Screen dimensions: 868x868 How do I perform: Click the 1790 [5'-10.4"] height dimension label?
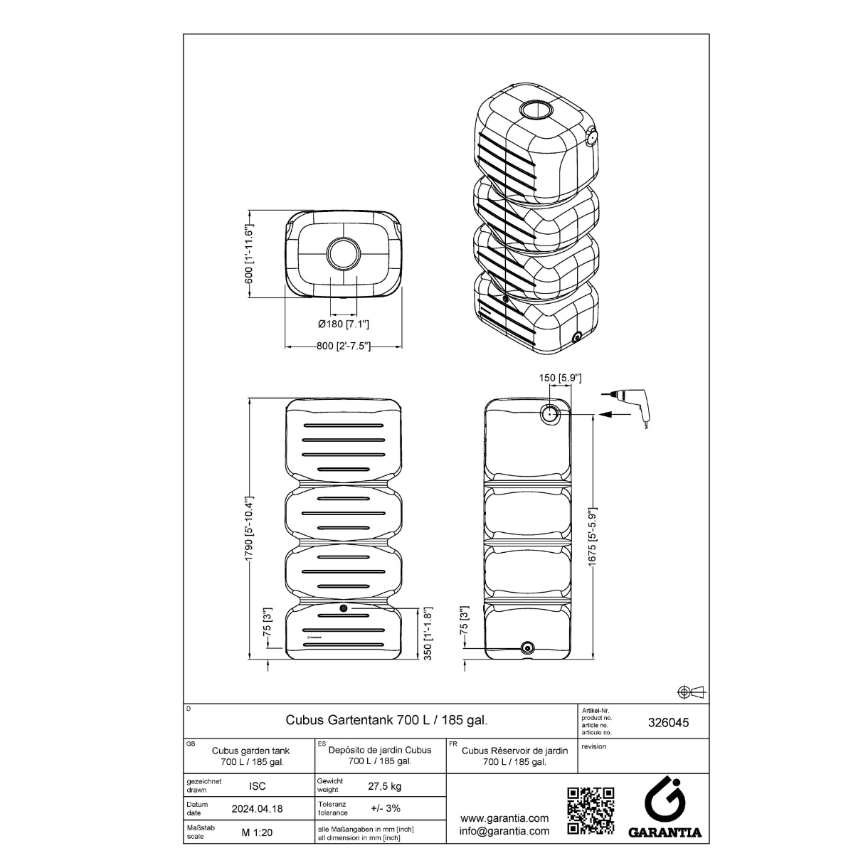coord(249,529)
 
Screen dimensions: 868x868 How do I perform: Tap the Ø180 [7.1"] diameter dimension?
coord(343,324)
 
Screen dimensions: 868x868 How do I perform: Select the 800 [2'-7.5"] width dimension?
coord(343,346)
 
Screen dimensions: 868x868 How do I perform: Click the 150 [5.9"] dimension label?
coord(560,378)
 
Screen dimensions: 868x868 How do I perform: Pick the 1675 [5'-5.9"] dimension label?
coord(592,536)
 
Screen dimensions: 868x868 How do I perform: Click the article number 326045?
coord(669,723)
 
